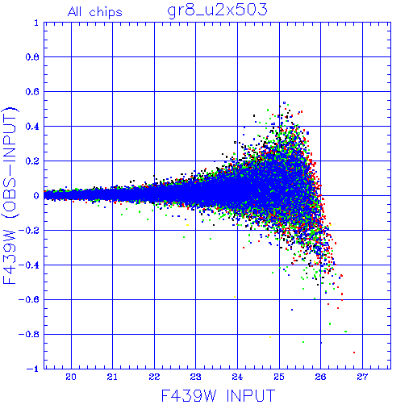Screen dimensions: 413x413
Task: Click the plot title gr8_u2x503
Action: tap(217, 10)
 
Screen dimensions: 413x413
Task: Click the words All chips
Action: tap(95, 12)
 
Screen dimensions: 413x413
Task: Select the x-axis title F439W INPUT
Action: tap(218, 395)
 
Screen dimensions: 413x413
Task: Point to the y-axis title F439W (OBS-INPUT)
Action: tap(10, 195)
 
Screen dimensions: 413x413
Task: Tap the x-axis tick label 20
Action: tap(71, 377)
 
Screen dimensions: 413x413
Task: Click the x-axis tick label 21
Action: tap(112, 377)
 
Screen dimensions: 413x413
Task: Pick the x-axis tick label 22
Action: tap(154, 377)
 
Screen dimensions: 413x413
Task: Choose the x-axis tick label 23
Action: tap(196, 377)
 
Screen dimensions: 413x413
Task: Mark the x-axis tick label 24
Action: tap(237, 377)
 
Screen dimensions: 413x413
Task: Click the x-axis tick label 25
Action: tap(279, 377)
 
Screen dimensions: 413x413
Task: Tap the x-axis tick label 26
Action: tap(321, 377)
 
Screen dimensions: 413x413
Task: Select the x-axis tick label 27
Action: tap(362, 377)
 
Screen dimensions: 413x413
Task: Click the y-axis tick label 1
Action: tap(36, 23)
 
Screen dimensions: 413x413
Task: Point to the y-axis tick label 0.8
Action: tap(32, 57)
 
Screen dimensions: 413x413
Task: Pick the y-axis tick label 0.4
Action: tap(32, 127)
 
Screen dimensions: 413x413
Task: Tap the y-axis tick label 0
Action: tap(36, 196)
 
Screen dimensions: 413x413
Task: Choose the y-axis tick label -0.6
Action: tap(28, 299)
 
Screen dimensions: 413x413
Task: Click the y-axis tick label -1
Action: tap(33, 369)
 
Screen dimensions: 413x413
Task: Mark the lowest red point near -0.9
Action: tap(354, 353)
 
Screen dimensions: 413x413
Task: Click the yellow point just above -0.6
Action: tap(235, 297)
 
